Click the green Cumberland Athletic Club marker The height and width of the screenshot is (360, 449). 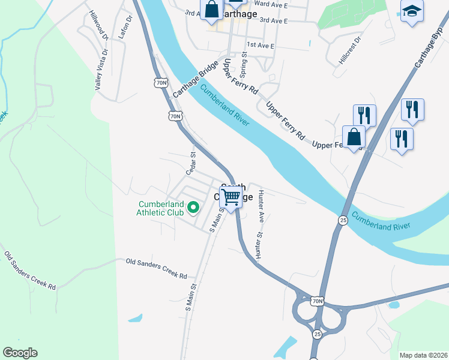click(193, 208)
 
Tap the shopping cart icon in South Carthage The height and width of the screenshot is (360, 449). click(231, 197)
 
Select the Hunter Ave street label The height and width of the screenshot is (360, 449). click(261, 205)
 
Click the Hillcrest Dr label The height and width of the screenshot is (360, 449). click(350, 52)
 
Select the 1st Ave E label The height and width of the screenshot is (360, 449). click(260, 46)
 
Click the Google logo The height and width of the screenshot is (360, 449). click(20, 353)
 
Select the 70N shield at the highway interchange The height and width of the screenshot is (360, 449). click(318, 300)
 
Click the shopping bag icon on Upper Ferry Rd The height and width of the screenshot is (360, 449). click(354, 137)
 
